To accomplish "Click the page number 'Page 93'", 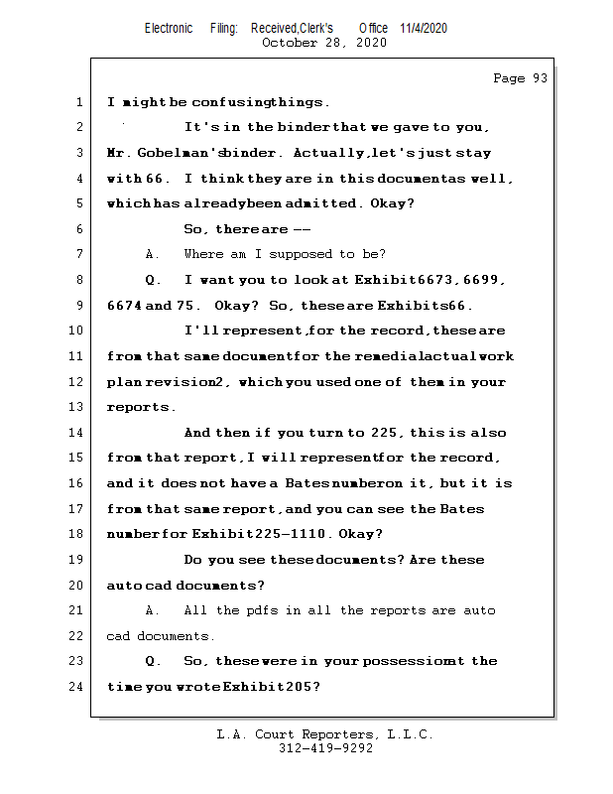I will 520,78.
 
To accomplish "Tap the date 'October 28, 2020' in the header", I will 324,43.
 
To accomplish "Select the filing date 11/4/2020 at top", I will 424,28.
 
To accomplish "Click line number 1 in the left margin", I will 78,102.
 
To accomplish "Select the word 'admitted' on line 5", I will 329,203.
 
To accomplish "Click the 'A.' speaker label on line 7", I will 153,255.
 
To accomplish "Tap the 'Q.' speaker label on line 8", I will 153,281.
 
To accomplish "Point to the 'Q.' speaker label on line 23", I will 153,661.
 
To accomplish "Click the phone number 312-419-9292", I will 325,748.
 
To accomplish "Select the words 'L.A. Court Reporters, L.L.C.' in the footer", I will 324,734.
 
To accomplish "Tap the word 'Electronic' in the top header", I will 169,28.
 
